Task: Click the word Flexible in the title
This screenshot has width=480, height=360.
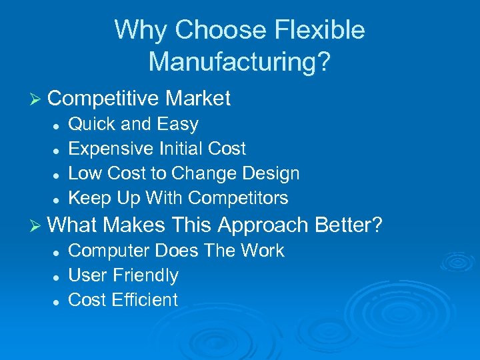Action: coord(319,31)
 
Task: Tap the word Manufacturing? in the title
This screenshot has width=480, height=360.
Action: coord(239,61)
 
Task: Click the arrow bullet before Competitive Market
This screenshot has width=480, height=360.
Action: coord(37,99)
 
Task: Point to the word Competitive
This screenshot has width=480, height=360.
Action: coord(103,99)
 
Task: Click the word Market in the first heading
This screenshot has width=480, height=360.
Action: coord(198,99)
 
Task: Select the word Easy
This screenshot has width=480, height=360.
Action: coord(177,125)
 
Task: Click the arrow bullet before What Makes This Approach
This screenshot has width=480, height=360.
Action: coord(37,226)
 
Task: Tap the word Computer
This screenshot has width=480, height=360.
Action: coord(109,251)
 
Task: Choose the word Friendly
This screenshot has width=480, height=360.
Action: coord(145,275)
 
